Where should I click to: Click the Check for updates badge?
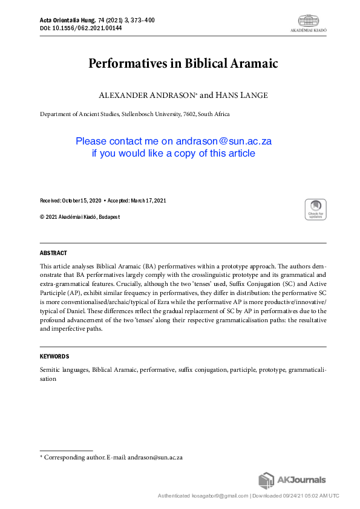[315, 210]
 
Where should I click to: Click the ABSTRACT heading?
[53, 253]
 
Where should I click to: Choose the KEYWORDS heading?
[54, 357]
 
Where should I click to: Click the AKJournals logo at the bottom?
[292, 481]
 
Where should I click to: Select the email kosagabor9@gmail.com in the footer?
[220, 496]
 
